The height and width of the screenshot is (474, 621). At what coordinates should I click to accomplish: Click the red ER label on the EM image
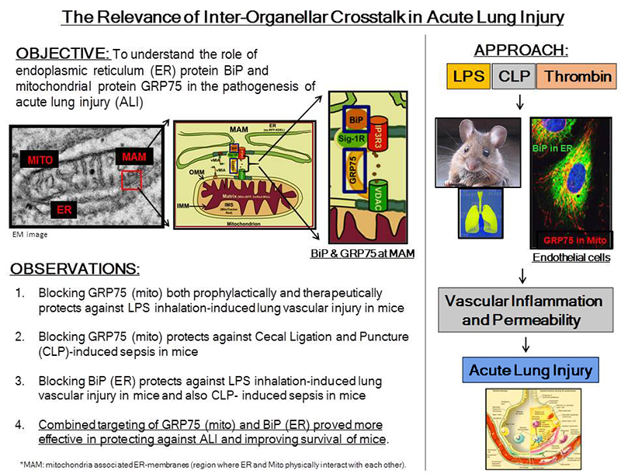point(65,207)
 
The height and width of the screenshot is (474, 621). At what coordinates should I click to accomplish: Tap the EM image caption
point(26,232)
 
